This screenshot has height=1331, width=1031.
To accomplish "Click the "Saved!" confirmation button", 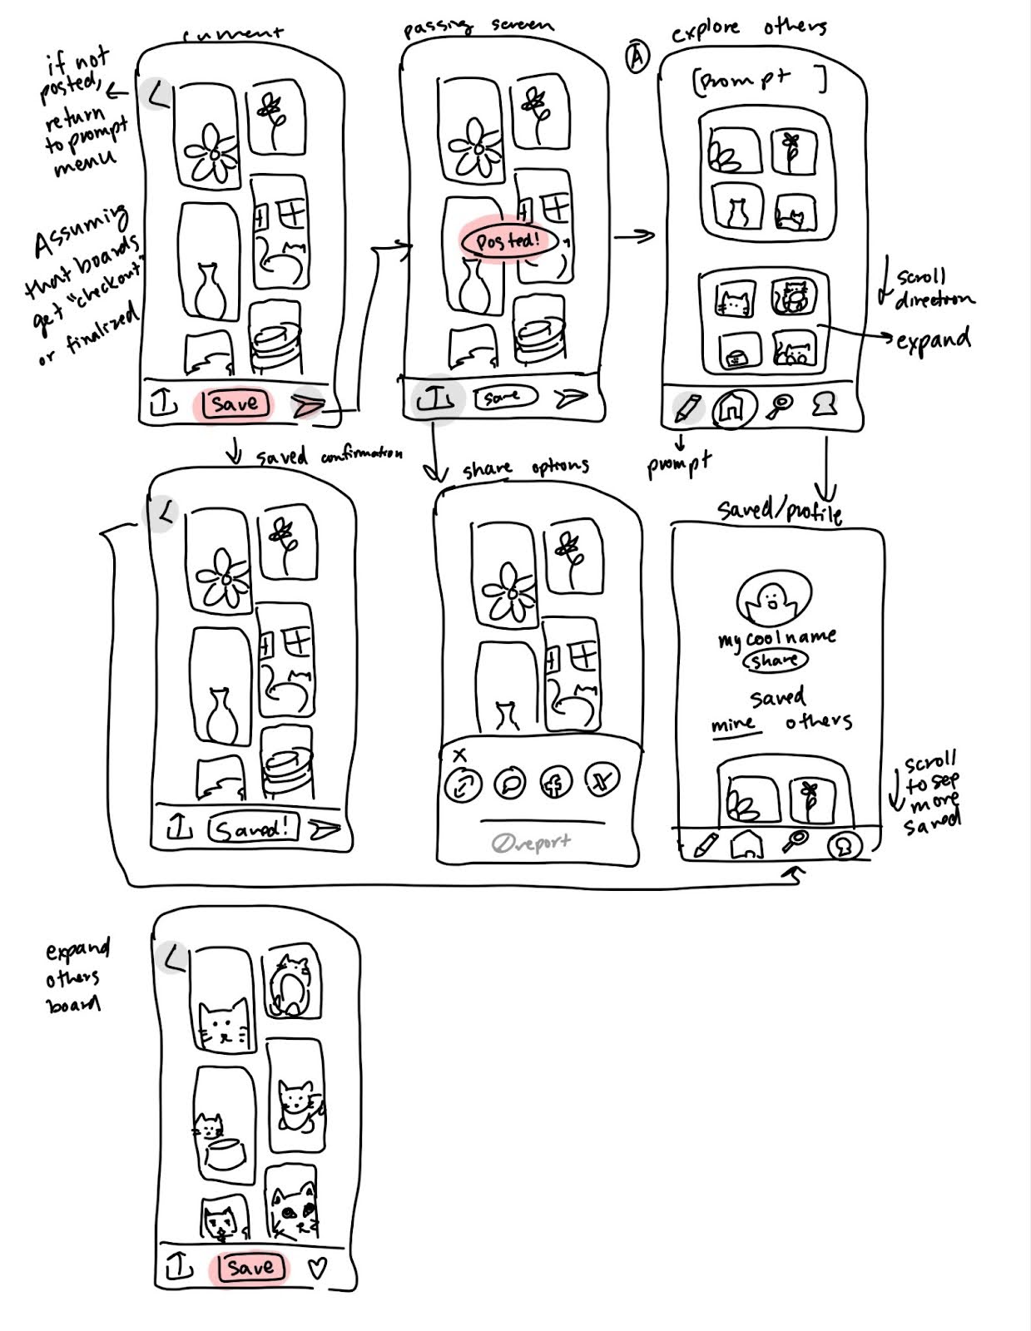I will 252,829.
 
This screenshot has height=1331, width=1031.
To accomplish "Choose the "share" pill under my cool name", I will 775,661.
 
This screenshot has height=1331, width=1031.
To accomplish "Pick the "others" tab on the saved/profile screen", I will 819,721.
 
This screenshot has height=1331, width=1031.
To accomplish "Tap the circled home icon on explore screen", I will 732,408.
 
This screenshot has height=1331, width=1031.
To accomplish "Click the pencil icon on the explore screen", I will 688,407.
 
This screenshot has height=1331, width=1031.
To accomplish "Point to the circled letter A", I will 637,58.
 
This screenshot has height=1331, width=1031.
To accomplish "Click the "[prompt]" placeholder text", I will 759,81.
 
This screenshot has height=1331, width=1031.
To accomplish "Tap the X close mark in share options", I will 460,755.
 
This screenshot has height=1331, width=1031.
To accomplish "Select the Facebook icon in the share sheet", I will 554,783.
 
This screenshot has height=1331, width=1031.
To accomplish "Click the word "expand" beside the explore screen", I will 934,339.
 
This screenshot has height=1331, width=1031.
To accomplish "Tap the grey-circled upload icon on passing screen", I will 434,401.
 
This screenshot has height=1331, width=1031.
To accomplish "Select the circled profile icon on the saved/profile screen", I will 844,845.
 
